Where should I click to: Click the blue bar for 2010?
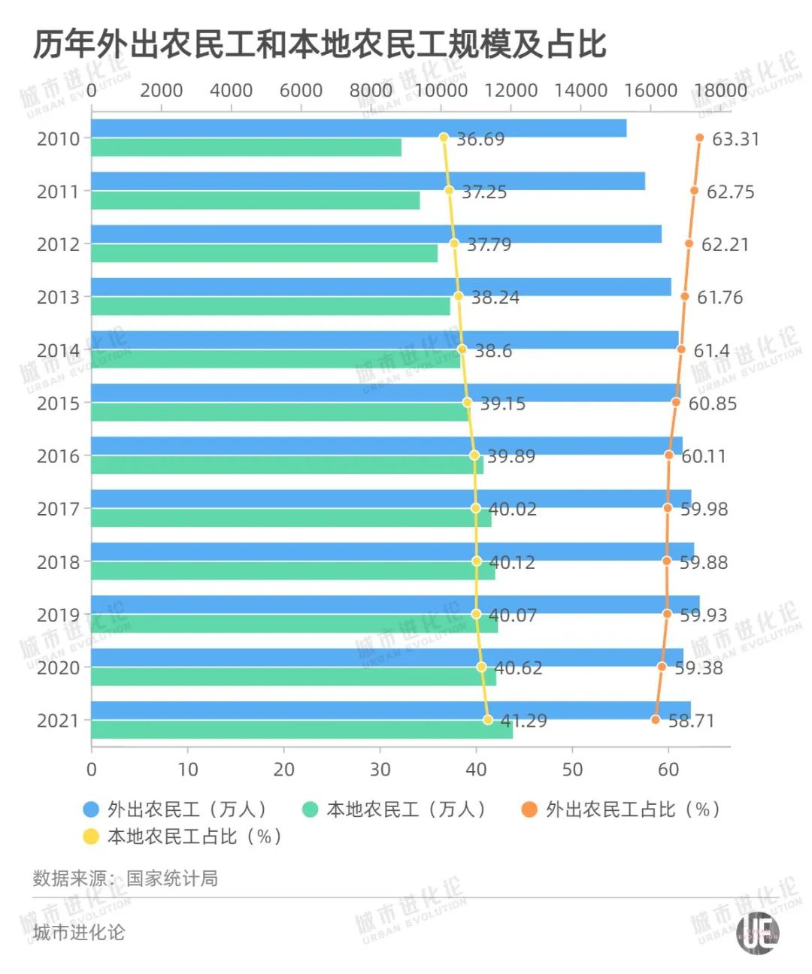359,129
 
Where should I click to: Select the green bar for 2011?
256,201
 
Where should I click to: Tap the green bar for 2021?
301,730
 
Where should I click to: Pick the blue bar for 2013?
380,287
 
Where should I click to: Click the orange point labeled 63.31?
699,138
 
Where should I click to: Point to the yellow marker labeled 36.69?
444,138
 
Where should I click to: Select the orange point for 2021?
656,720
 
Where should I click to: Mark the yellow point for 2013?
459,296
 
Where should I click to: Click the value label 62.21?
725,245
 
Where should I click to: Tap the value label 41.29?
524,721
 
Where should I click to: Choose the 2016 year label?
58,456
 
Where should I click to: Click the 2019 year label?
58,615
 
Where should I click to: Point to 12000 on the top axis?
511,90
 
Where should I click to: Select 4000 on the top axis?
231,90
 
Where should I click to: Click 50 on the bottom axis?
572,770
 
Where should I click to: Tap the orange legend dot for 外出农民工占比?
529,809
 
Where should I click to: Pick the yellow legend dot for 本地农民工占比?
91,836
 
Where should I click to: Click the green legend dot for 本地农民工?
310,809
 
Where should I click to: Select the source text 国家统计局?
172,879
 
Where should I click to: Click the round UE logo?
757,933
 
